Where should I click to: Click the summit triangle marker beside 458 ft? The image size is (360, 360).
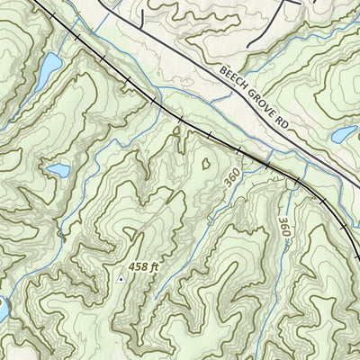pos(121,279)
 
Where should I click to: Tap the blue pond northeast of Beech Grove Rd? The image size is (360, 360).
pos(345,135)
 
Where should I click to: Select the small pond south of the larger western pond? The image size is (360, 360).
pos(58,169)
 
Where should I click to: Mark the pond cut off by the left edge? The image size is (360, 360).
pos(3,309)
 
